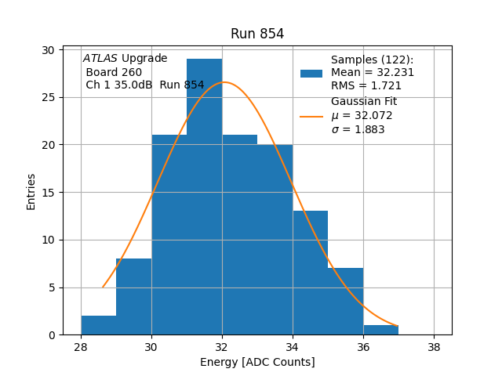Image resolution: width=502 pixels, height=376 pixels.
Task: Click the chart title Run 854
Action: click(x=257, y=34)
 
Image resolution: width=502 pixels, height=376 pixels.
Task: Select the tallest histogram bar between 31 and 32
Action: click(x=204, y=196)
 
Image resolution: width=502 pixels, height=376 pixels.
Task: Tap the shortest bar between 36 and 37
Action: click(x=380, y=330)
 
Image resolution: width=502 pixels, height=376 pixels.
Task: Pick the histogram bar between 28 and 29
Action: click(x=99, y=325)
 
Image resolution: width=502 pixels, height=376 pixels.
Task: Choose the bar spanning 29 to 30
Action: click(x=134, y=297)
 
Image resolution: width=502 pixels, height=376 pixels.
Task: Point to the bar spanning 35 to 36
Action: click(x=345, y=302)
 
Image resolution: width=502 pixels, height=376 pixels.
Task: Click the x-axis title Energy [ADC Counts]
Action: click(x=257, y=362)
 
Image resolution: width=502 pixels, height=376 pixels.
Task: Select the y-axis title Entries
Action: click(x=31, y=192)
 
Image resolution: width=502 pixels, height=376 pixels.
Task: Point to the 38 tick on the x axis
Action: click(x=434, y=347)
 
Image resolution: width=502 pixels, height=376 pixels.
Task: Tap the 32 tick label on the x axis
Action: click(x=222, y=347)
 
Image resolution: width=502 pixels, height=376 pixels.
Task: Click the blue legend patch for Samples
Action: click(x=311, y=73)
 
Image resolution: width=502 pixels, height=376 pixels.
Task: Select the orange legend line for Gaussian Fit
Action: click(x=311, y=116)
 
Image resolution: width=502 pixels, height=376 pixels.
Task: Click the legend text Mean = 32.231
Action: click(x=373, y=73)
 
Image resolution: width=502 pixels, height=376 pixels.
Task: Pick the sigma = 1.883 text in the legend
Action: click(x=358, y=129)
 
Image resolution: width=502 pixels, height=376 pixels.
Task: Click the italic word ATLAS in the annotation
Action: click(x=100, y=59)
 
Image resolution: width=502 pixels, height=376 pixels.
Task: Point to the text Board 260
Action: click(x=115, y=72)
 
